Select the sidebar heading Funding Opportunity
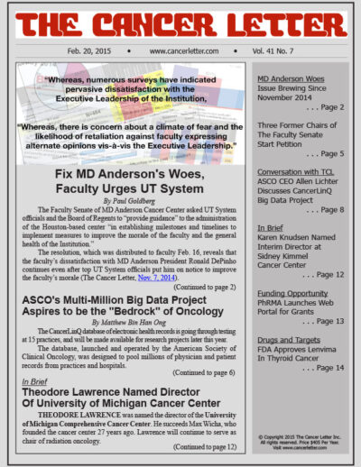pos(292,291)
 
